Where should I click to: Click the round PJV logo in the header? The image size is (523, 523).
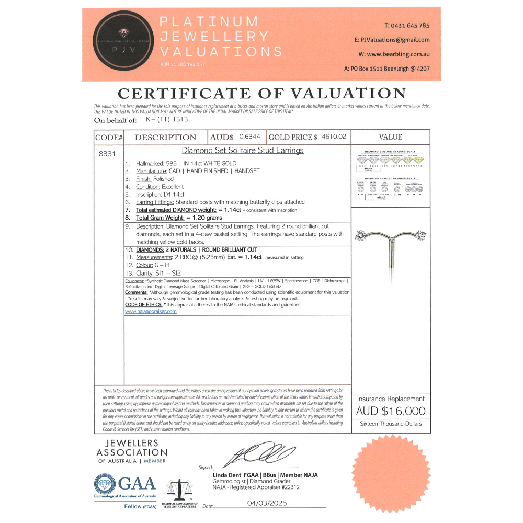point(123,44)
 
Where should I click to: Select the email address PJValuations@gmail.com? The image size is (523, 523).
point(392,40)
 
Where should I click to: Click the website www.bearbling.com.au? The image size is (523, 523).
point(394,54)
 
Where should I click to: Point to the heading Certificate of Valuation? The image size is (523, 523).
point(261,94)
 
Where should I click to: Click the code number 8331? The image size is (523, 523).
point(106,154)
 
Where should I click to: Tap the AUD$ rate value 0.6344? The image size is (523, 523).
point(249,137)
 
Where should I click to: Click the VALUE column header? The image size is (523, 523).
point(390,137)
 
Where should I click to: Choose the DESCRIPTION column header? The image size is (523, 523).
point(165,137)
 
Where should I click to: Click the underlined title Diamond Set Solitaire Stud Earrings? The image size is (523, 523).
point(242,151)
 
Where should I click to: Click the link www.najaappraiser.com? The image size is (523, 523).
point(151,311)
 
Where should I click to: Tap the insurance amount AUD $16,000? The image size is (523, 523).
point(390,411)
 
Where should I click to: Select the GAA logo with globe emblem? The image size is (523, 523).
point(126,485)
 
